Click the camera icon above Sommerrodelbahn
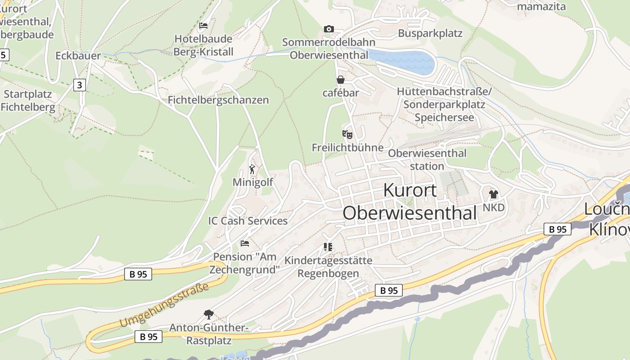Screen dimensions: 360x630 coord(329,29)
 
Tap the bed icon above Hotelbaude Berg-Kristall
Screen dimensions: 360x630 coord(203,26)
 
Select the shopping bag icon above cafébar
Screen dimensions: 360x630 coord(341,80)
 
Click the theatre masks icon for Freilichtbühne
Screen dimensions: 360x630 coord(347,134)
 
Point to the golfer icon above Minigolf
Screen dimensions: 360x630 coord(252,170)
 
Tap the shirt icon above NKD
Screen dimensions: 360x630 coord(494,194)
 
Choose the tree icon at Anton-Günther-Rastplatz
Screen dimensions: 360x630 coord(208,314)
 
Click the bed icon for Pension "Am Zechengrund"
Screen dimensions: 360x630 coord(245,243)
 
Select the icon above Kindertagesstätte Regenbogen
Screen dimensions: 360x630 coord(328,247)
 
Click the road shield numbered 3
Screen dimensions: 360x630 coord(80,85)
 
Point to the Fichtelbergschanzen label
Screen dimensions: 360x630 coord(218,100)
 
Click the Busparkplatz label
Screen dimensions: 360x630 coord(430,33)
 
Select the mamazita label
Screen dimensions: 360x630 coord(541,6)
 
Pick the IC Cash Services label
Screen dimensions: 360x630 coord(248,221)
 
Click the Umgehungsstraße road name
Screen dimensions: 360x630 coord(165,305)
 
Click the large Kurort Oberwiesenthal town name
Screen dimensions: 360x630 coord(409,202)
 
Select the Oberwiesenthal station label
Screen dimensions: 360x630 coord(427,159)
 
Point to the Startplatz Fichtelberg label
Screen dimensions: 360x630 coord(28,101)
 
